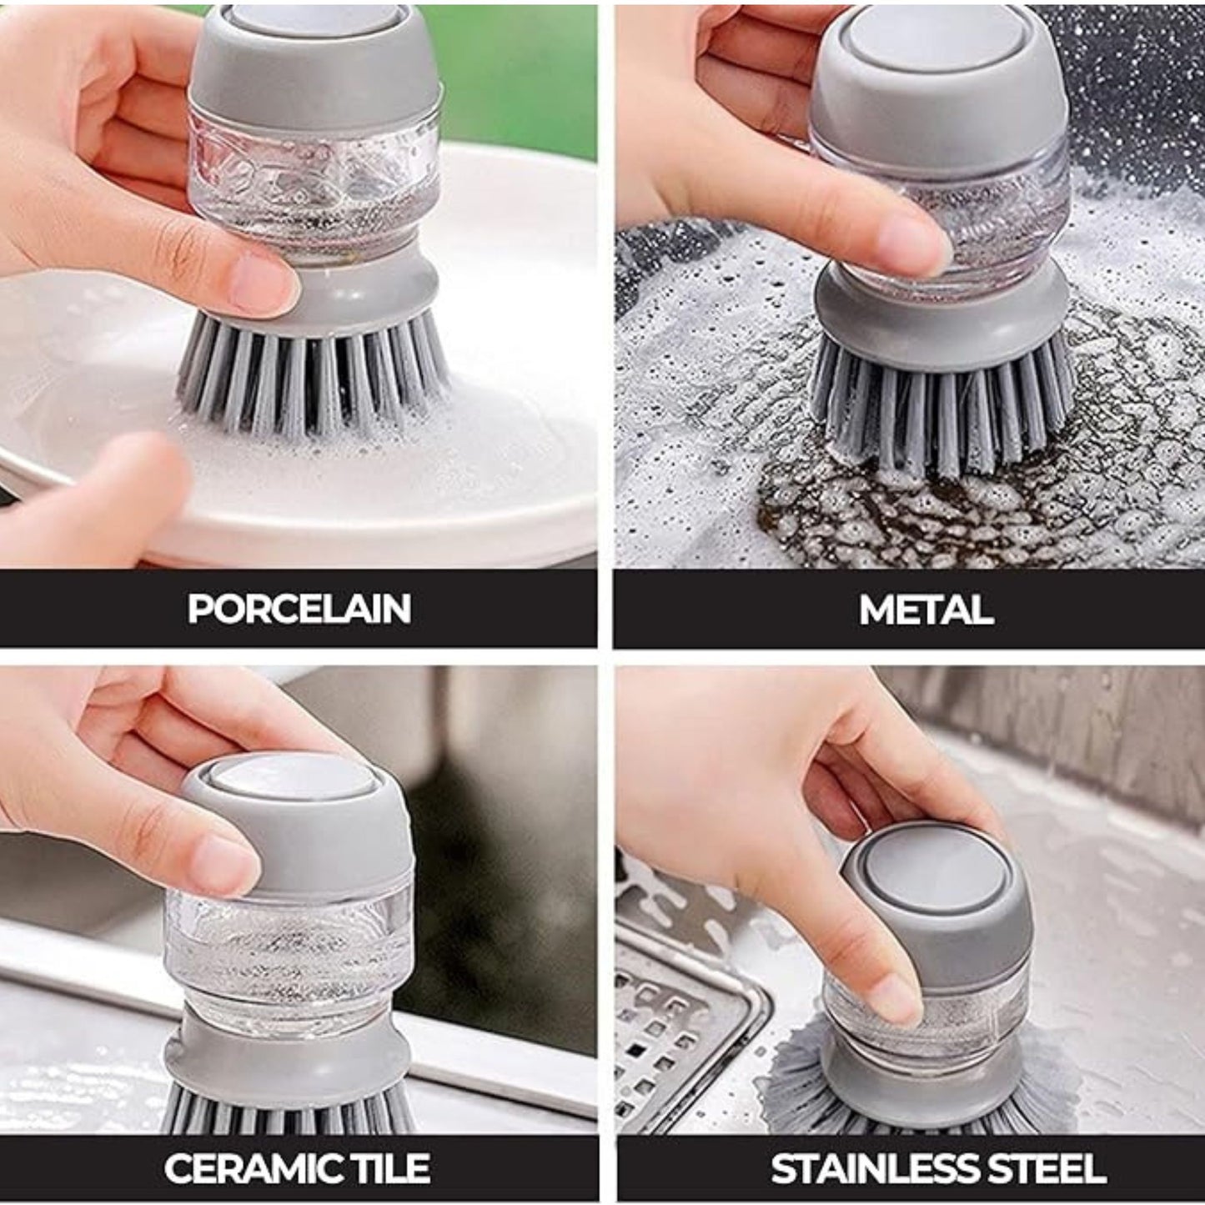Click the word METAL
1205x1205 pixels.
coord(926,608)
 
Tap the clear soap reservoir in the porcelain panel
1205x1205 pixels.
coord(316,188)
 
